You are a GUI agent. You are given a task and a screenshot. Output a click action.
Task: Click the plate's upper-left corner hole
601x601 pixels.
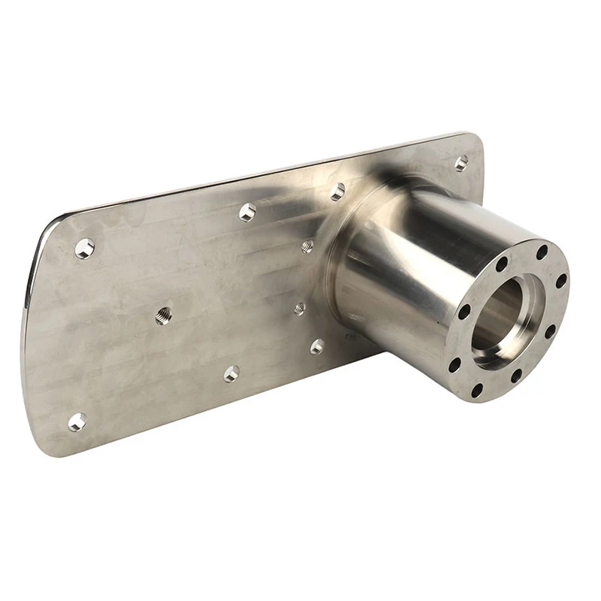(x=85, y=248)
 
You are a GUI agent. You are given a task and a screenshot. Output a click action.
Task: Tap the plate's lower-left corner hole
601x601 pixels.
(x=77, y=421)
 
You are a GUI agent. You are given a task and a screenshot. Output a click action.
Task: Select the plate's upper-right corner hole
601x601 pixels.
(x=461, y=163)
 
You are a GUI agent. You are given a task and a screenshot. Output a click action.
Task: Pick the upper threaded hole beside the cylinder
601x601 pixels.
(x=307, y=246)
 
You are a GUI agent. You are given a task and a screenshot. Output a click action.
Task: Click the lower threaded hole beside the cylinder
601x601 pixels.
(x=300, y=307)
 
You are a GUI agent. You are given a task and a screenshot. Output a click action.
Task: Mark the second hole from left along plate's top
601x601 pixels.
(x=247, y=212)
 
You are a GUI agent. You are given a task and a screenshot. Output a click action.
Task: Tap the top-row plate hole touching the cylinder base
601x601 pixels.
(x=337, y=192)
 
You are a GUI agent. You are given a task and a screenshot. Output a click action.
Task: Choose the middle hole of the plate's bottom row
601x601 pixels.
(x=231, y=373)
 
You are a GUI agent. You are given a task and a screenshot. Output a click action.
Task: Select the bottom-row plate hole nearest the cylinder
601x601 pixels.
(x=317, y=346)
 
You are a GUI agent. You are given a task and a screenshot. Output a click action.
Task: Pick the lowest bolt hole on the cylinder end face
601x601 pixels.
(x=477, y=390)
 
